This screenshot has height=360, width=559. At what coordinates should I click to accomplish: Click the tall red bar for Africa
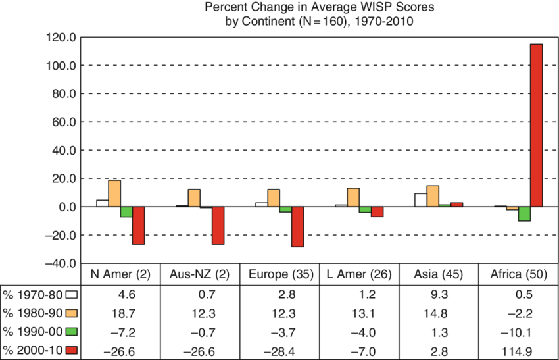coord(536,125)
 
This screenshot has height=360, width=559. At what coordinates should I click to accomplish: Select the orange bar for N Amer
coord(114,193)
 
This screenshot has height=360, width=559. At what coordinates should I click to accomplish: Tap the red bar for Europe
coord(297,226)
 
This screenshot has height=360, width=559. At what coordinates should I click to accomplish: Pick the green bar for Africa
coord(524,214)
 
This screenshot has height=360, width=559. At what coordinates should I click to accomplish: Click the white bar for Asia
coord(420,200)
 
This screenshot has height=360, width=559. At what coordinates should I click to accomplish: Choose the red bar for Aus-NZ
coord(218,225)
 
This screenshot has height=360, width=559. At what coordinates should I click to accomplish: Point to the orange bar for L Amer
coord(353,197)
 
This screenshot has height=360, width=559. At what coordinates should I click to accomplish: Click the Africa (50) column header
coord(517,274)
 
